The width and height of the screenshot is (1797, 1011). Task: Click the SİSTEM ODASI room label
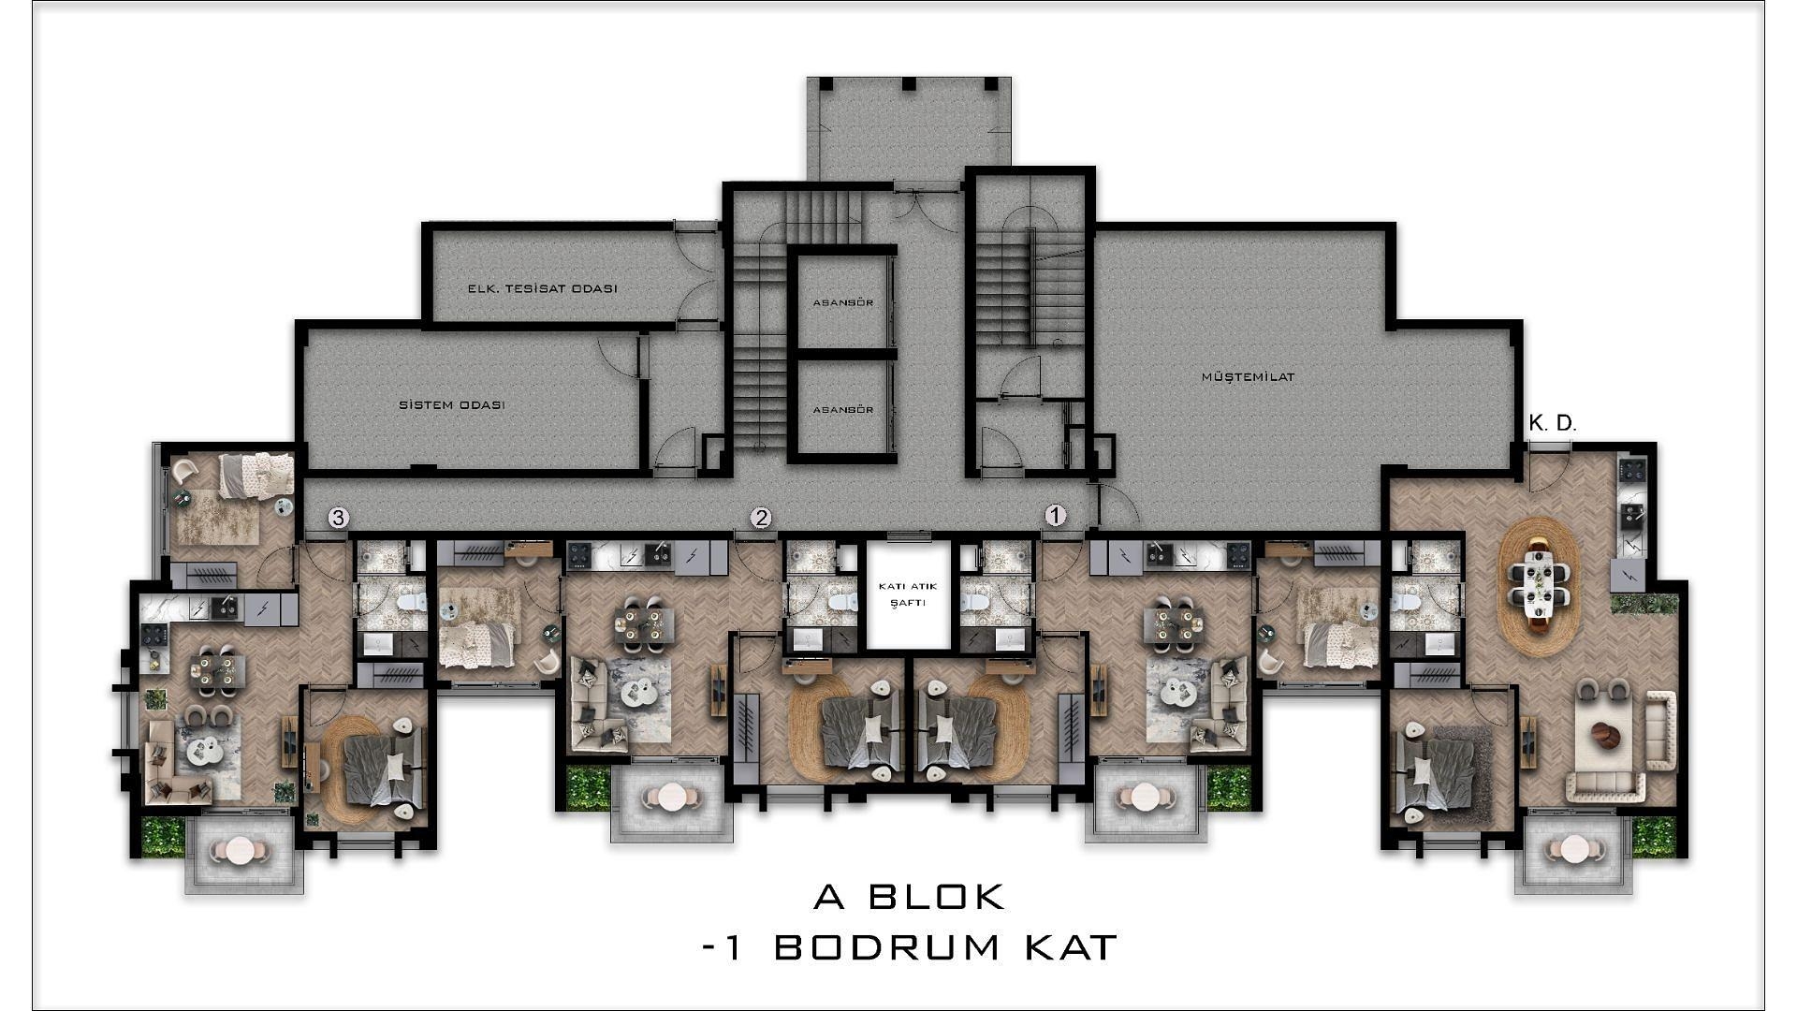452,405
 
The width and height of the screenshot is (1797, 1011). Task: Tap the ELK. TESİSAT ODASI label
543,289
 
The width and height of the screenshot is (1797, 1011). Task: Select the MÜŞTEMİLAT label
1248,377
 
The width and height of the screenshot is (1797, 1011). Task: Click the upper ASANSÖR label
843,303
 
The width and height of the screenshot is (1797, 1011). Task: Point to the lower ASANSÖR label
843,410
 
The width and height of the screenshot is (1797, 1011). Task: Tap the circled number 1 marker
1055,516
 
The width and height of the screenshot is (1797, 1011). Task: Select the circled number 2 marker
762,518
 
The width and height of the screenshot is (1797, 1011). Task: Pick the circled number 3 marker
339,518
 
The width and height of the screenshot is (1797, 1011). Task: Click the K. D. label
1553,423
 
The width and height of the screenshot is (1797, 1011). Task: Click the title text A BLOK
910,897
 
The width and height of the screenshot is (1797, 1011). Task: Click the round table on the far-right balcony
1573,850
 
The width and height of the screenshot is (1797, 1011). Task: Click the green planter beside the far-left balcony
163,836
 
